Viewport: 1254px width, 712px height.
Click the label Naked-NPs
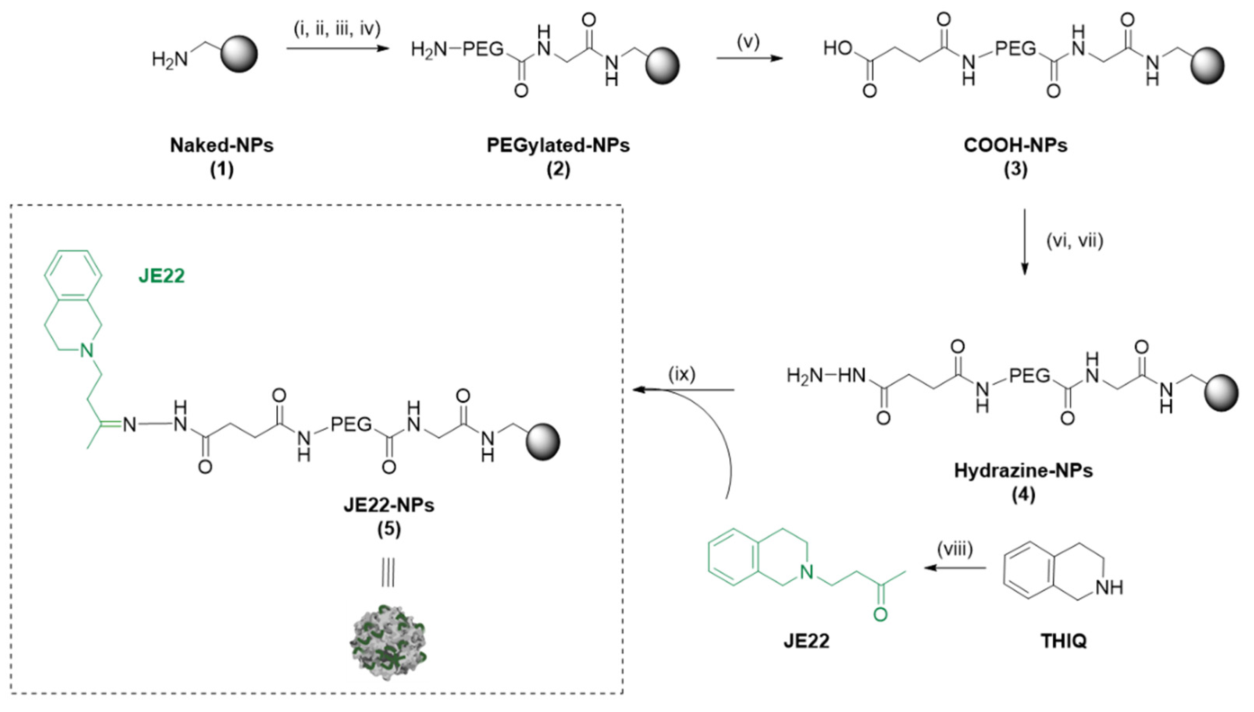[221, 145]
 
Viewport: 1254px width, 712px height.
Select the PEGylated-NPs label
[558, 145]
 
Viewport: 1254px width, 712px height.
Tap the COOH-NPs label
[1015, 145]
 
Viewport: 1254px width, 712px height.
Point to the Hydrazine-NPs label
[1023, 470]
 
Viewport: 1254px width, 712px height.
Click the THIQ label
[1063, 640]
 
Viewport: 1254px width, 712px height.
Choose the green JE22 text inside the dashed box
[162, 276]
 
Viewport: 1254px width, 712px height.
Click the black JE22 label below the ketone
[807, 640]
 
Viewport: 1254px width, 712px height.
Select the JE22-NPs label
[389, 504]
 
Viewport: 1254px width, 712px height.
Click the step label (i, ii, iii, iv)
[337, 30]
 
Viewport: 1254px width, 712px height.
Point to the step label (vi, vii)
[1075, 242]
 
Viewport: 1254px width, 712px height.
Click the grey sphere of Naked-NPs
[239, 54]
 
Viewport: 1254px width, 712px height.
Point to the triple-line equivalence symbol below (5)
[388, 573]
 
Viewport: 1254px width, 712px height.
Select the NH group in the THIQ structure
[1109, 588]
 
